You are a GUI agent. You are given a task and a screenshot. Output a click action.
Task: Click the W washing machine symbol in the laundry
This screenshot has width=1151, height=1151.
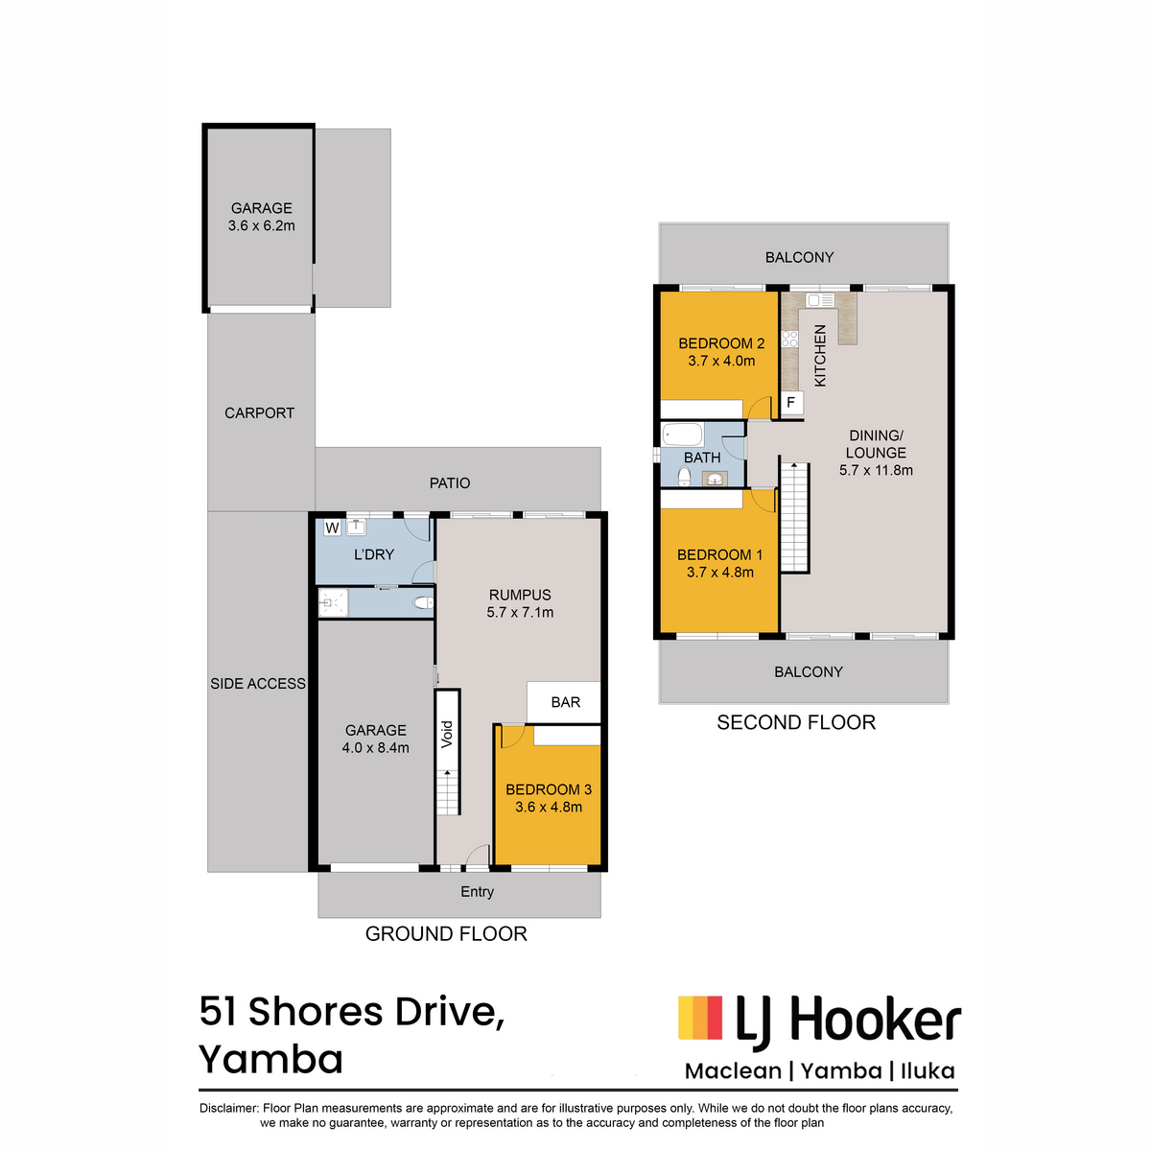coord(332,528)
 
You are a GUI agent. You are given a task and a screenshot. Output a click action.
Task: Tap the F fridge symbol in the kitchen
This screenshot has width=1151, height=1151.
coord(790,402)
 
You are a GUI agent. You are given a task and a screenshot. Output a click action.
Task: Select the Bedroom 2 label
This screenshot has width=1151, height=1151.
coord(721,343)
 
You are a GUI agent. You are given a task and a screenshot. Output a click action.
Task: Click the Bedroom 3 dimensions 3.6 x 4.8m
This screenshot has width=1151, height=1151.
coord(549,807)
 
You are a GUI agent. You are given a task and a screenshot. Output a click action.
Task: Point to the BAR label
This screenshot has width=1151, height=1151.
coord(565,702)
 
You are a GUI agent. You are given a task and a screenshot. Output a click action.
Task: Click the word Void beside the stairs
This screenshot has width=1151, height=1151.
coord(447,734)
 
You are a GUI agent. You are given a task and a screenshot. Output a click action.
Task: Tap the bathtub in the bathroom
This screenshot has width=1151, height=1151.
coord(682,435)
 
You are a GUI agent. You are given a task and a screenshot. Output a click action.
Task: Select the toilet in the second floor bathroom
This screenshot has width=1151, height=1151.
coord(685,477)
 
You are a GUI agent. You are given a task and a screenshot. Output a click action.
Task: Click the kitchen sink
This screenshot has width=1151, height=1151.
coord(819,300)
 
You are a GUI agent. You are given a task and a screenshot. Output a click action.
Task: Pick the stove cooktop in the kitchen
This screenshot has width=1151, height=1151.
coord(789,339)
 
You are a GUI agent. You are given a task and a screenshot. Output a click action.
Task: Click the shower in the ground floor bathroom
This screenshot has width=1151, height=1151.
coord(333,602)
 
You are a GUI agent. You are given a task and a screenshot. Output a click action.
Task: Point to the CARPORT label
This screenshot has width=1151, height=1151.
coord(259,412)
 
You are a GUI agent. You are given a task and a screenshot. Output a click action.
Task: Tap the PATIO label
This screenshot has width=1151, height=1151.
coord(450,482)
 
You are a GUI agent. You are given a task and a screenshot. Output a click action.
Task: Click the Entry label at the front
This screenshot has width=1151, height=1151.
coord(477,891)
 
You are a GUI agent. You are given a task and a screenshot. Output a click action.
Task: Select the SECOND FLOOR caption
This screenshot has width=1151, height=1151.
coord(795,722)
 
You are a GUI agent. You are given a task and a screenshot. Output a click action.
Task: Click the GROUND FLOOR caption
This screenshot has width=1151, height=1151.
coord(446,933)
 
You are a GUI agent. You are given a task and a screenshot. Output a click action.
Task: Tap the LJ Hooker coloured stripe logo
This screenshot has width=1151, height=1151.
coord(700,1018)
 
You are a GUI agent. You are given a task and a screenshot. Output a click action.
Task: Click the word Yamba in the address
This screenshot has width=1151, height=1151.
coord(271,1060)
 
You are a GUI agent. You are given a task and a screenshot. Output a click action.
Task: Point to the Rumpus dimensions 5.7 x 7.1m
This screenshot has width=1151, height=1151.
coord(520,612)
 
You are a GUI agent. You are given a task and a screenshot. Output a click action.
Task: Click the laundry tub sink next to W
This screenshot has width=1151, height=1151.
coord(356,527)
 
